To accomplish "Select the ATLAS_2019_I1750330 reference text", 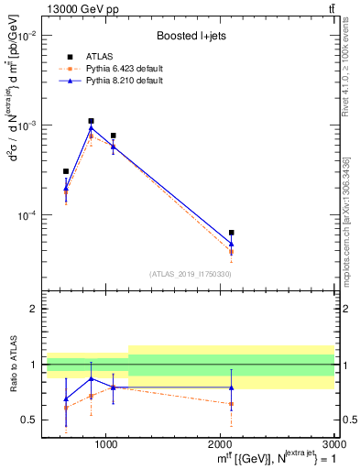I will pyautogui.click(x=190, y=274).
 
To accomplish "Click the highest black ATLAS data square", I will pyautogui.click(x=92, y=121).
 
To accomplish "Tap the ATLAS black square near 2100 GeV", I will pyautogui.click(x=232, y=233).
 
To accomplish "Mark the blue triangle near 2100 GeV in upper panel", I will pyautogui.click(x=232, y=245).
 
